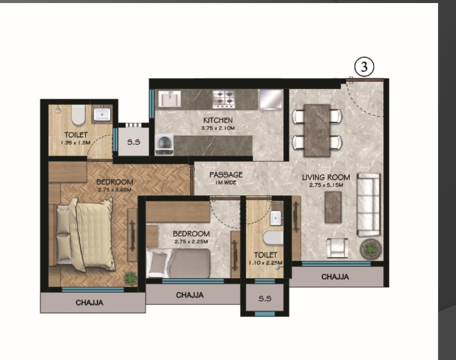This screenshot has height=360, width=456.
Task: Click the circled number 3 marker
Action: pos(364,67)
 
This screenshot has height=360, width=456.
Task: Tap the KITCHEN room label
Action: pos(218,120)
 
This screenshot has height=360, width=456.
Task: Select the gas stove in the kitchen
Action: pos(224,99)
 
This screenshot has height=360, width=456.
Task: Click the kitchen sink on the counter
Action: pos(170,99)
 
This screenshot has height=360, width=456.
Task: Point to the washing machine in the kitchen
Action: pos(164,144)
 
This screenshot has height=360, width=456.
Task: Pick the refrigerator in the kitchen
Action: pos(271,100)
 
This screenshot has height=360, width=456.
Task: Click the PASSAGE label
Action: pos(226,175)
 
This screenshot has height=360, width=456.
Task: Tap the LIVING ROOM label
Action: pos(325,177)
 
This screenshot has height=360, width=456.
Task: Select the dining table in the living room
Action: pos(317,130)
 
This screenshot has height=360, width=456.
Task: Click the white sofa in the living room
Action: pos(368,204)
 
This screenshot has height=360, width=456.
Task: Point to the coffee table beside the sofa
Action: pos(333,207)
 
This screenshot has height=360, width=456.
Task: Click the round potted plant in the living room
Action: pos(371,249)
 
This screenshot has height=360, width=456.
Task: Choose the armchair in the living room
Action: pos(337,248)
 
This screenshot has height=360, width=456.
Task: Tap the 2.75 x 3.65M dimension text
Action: pos(114,190)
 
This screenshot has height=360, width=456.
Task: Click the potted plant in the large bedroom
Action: pos(131,278)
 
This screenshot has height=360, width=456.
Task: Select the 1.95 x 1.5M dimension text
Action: pos(76,143)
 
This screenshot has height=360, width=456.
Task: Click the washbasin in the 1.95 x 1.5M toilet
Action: pos(102,114)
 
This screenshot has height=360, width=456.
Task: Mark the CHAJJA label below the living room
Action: pos(335,277)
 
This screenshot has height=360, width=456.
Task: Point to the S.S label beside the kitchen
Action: pos(134,142)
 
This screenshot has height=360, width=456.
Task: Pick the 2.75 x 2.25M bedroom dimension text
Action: pos(191,242)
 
